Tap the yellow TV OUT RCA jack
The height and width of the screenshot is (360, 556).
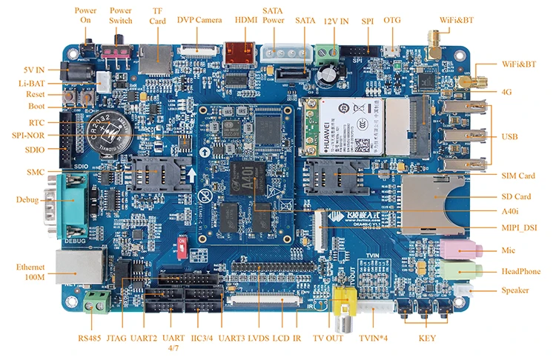pyautogui.click(x=342, y=301)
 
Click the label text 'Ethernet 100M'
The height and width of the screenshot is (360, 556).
pyautogui.click(x=30, y=272)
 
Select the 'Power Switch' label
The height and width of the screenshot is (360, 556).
pyautogui.click(x=121, y=16)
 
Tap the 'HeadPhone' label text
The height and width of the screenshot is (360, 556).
pyautogui.click(x=520, y=272)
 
